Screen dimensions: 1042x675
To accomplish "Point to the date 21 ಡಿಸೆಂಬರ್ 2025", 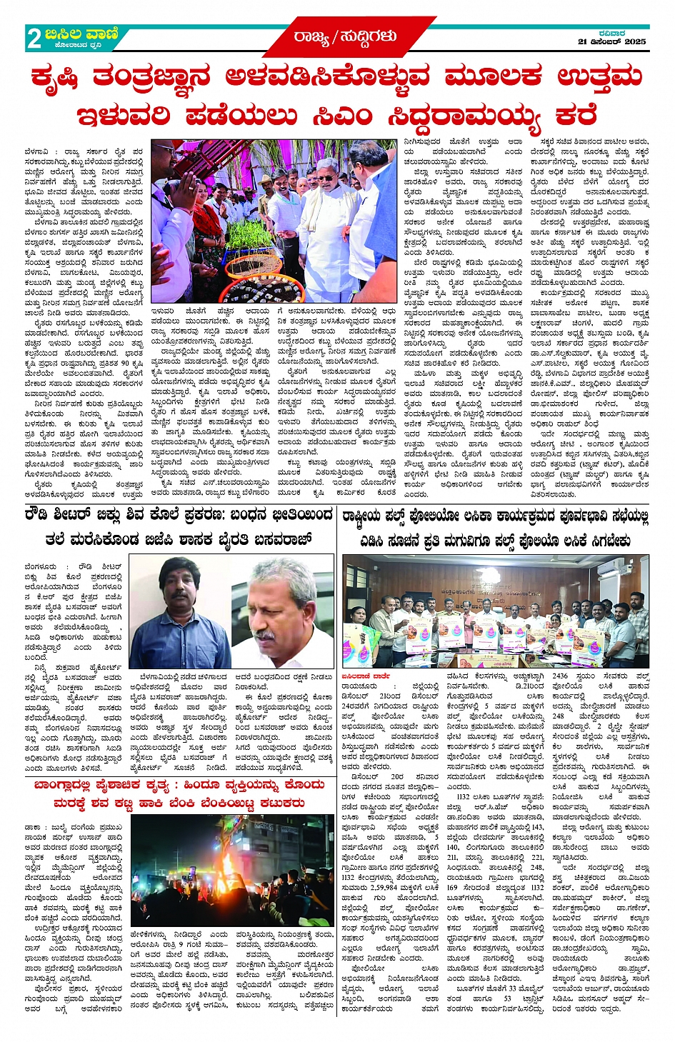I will click(x=611, y=41).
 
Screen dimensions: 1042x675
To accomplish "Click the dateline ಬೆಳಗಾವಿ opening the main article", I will click(x=34, y=151).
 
